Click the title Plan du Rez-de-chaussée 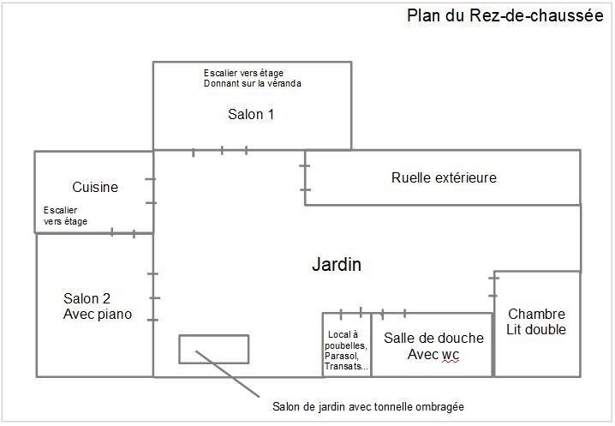tap(505, 16)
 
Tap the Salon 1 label tap(251, 114)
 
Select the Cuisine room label tap(95, 187)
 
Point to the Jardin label tap(337, 264)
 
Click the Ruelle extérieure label tap(444, 177)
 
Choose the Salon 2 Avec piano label tap(98, 306)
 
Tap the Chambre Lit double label tap(536, 321)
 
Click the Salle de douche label tap(433, 338)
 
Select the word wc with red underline tap(451, 355)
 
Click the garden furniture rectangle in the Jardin tap(214, 336)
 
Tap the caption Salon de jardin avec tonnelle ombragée tap(368, 407)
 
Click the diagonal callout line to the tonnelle tap(228, 374)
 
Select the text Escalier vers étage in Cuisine tap(65, 215)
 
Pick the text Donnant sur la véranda tap(253, 83)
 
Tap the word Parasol tap(341, 356)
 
